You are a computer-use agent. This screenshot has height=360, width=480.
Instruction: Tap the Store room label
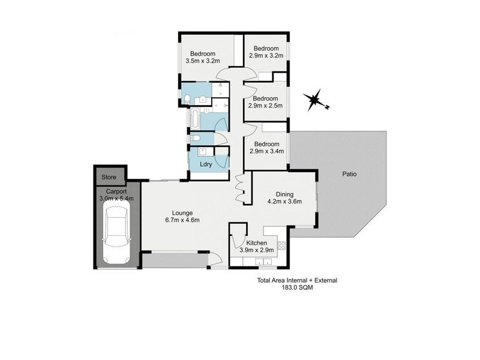point(109,177)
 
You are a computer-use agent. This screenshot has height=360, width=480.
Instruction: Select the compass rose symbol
point(314,101)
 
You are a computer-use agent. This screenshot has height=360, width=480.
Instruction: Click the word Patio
point(350,175)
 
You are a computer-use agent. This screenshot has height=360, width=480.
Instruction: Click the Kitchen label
point(256,243)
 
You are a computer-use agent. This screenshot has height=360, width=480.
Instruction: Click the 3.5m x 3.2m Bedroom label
point(203,61)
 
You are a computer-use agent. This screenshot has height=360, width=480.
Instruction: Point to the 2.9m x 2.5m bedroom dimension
point(266,106)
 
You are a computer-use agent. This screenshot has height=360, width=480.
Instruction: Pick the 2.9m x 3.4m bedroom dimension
point(266,152)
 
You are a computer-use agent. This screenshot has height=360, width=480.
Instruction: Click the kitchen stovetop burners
point(282,245)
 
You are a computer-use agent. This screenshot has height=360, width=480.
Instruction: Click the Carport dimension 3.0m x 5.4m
point(116,198)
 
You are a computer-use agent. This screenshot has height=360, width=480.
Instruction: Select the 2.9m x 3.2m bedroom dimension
point(266,56)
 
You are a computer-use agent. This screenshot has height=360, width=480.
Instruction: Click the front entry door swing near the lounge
point(215,259)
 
